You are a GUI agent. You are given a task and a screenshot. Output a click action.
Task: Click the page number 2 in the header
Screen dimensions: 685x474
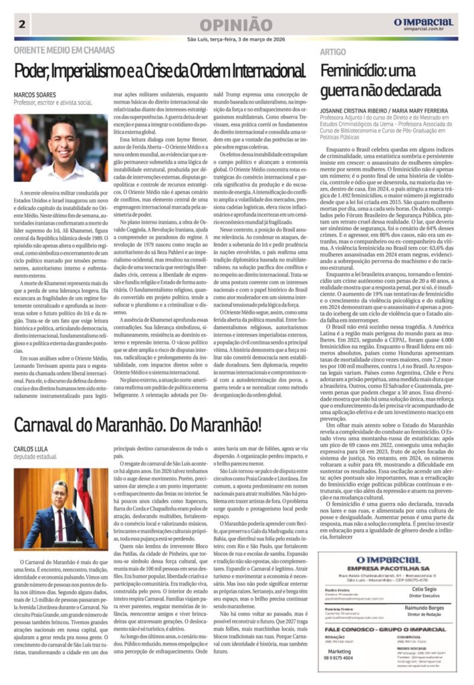click(23, 25)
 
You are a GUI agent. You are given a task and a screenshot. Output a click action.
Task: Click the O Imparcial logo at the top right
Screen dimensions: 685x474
click(423, 23)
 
